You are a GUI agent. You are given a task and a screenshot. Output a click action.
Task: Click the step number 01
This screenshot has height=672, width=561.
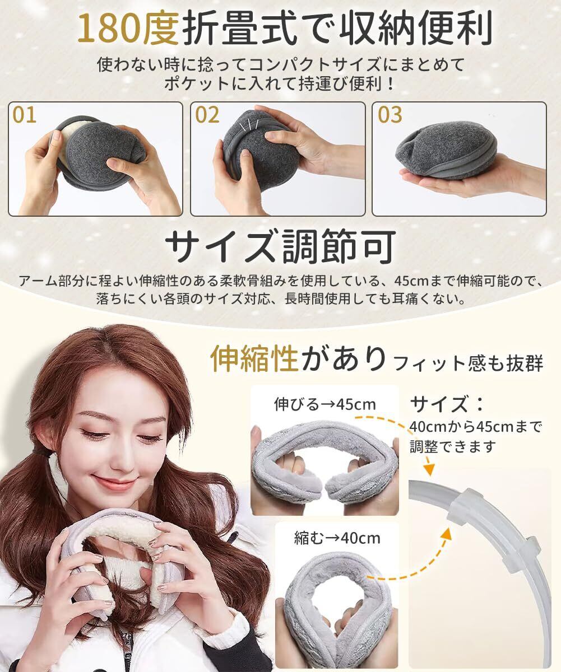tap(24, 115)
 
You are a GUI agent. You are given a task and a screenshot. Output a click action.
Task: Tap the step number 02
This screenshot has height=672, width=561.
tap(207, 115)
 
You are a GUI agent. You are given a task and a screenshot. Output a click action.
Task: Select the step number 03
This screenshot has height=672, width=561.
tap(390, 115)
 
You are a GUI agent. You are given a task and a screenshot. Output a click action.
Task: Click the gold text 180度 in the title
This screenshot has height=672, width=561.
tap(128, 29)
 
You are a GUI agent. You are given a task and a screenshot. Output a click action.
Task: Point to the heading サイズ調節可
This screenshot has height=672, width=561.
tap(280, 246)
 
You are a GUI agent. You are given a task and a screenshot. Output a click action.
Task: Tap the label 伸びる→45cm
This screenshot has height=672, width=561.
tap(324, 404)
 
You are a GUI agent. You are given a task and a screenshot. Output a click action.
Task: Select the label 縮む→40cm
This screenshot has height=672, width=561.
tap(337, 538)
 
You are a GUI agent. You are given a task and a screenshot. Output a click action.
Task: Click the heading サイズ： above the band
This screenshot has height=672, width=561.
tap(447, 404)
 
